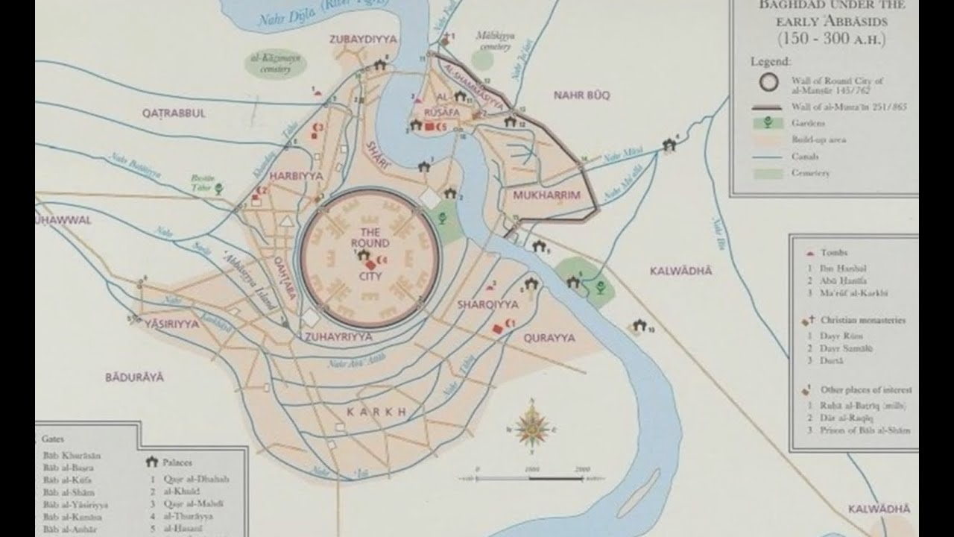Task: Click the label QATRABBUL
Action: click(x=174, y=113)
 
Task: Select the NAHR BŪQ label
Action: click(x=581, y=95)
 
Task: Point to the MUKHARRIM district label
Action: click(x=546, y=195)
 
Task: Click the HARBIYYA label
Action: click(x=297, y=176)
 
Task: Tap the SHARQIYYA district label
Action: click(x=487, y=304)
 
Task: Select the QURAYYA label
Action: click(x=549, y=338)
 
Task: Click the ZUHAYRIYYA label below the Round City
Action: click(x=338, y=337)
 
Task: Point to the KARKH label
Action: click(x=376, y=412)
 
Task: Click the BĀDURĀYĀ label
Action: click(x=134, y=377)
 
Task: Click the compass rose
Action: click(x=531, y=428)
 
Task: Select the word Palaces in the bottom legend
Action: click(x=178, y=462)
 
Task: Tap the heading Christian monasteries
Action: click(x=862, y=320)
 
